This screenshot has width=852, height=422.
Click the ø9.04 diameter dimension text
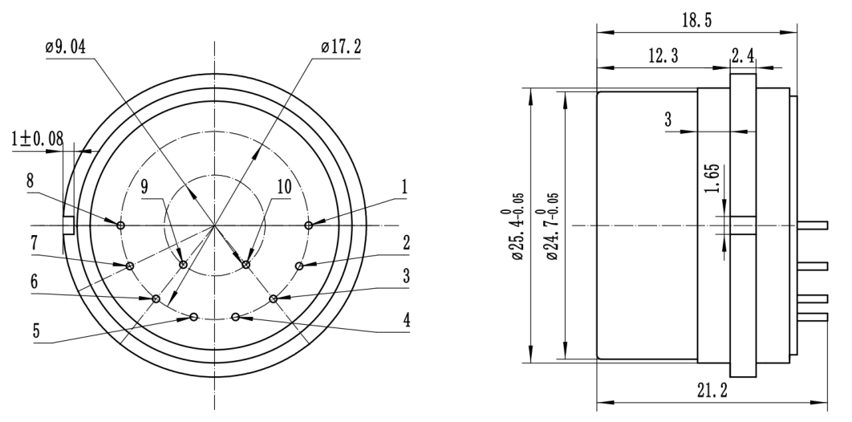coord(66,47)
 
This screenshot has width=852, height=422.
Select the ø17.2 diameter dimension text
coord(341,47)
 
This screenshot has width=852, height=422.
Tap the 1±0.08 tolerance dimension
coord(37,139)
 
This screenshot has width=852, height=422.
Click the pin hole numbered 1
coord(309,225)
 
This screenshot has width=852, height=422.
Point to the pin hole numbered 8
coord(120,225)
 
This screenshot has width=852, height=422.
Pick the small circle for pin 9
coord(183,265)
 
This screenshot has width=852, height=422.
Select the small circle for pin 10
coord(245,265)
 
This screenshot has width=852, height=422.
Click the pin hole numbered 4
coord(235,317)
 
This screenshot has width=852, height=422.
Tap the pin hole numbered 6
coord(156,298)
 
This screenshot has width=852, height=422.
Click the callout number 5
coord(36,331)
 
